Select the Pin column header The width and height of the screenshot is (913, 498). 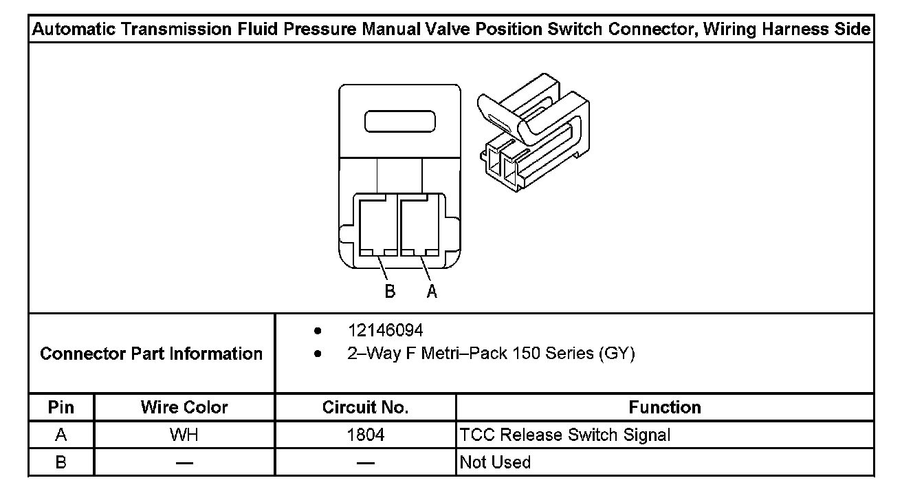coord(61,407)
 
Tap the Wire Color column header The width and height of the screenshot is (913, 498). coord(184,407)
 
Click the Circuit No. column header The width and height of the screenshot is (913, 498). coord(366,407)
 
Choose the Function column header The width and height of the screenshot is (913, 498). coord(665,407)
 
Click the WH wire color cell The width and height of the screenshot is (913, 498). coord(184,435)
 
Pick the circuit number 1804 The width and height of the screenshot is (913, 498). coord(366,435)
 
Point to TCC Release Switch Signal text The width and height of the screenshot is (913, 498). coord(564,435)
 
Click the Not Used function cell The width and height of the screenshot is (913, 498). coord(495,462)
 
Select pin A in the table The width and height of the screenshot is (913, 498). coord(61,435)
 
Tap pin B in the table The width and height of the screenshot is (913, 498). coord(61,462)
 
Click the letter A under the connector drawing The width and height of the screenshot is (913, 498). coord(432,292)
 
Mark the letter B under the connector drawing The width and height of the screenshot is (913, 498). coord(390,292)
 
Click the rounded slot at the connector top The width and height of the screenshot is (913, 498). coord(400,121)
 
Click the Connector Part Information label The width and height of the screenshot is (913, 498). coord(151,354)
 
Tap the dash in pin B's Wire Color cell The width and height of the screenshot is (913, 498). coord(184,463)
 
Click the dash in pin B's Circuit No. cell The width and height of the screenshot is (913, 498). coord(366,463)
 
